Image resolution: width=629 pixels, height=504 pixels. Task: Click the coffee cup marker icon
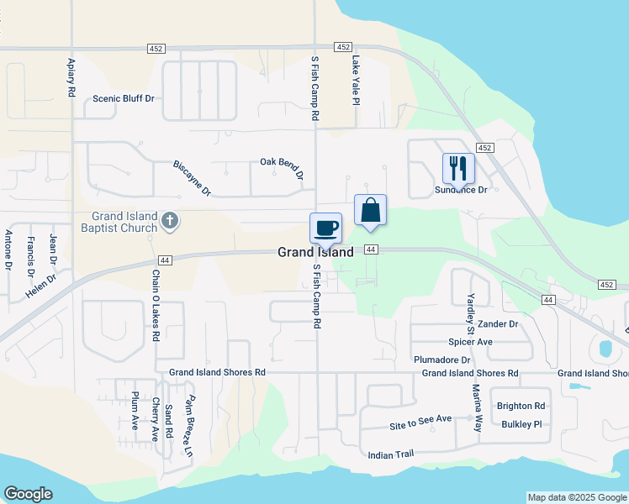325,227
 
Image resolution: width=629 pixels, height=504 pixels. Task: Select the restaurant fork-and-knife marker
458,168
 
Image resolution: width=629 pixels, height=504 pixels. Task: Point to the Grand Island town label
315,252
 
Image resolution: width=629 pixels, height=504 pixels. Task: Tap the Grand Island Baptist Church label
119,222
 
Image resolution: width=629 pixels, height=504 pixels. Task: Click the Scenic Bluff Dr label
124,98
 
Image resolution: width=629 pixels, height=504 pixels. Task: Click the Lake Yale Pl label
356,81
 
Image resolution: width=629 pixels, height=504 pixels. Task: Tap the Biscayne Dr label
193,177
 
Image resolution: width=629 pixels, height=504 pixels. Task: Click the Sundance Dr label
462,190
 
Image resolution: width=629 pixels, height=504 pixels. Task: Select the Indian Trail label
391,454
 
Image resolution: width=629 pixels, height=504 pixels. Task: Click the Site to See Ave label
420,418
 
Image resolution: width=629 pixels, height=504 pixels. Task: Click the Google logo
28,494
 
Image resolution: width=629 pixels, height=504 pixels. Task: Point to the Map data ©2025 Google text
577,497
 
